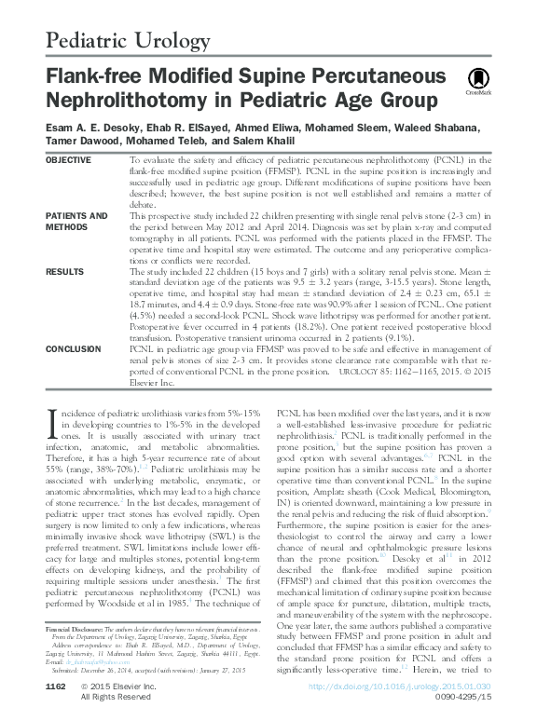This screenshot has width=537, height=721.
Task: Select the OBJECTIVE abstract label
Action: click(x=71, y=161)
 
